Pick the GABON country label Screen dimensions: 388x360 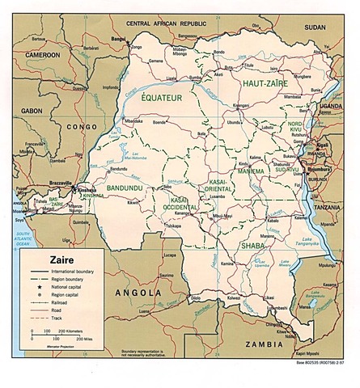tap(32, 109)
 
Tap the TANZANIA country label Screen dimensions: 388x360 tap(328, 207)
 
